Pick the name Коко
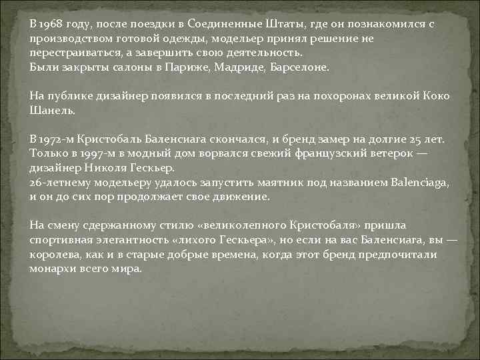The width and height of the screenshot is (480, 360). point(437,96)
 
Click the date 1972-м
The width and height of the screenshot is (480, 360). point(56,140)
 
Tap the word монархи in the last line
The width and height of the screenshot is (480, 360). point(53,270)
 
